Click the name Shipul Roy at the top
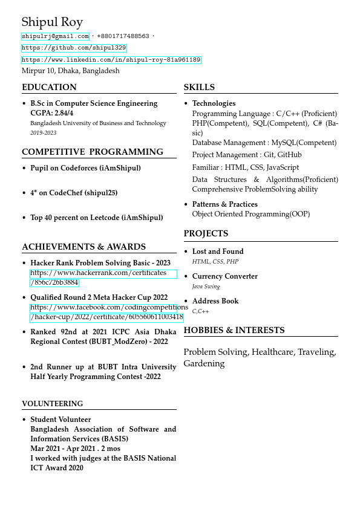tap(52, 23)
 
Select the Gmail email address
tap(55, 36)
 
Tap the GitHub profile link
tap(74, 48)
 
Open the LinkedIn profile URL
tap(111, 60)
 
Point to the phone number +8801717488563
tap(123, 36)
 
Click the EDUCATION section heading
tap(49, 87)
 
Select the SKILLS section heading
tap(199, 87)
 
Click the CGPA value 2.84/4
tap(64, 113)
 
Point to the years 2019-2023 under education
tap(43, 133)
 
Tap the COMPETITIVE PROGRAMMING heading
tap(93, 152)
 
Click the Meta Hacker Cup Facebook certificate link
tap(106, 312)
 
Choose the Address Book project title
tap(215, 301)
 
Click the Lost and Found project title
tap(218, 251)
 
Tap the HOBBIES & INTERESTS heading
tap(234, 330)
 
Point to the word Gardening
tap(204, 364)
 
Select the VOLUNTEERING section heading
tap(53, 404)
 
